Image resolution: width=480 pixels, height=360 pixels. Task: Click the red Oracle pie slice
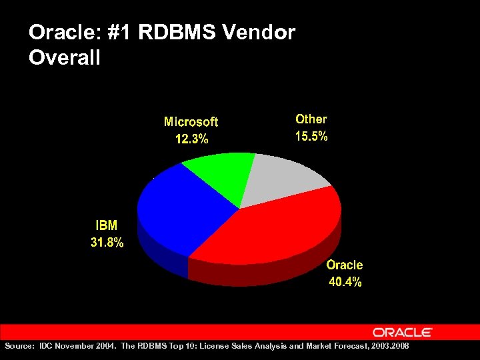[x=280, y=227]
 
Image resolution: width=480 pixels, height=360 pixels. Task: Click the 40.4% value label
[x=345, y=282]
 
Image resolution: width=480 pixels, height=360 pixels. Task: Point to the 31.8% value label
[x=107, y=243]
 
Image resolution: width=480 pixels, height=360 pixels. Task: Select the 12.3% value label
[x=191, y=139]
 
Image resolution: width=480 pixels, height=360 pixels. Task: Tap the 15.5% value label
[x=311, y=136]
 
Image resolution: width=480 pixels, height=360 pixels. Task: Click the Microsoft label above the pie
[x=191, y=122]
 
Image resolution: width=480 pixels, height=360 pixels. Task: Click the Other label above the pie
[x=311, y=119]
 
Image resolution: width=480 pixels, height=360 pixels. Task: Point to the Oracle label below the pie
[x=345, y=265]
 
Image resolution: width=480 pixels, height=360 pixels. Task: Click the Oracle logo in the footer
[x=402, y=332]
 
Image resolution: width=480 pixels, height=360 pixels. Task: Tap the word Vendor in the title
[x=261, y=32]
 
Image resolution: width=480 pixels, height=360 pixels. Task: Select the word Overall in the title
[x=65, y=57]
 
